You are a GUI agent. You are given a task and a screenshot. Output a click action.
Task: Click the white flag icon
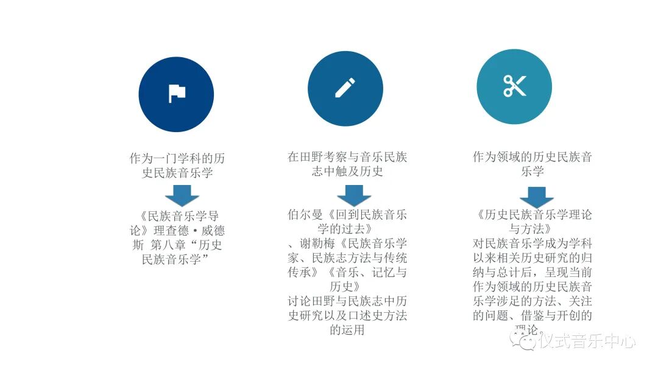[177, 93]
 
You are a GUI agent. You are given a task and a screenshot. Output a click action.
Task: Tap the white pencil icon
[345, 88]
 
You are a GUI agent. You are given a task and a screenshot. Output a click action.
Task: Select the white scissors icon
[514, 86]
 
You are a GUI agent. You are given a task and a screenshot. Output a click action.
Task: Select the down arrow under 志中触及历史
[354, 195]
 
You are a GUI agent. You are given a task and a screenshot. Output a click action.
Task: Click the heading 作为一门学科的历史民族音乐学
[177, 165]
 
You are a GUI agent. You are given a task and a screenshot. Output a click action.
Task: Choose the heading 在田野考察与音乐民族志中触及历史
[347, 164]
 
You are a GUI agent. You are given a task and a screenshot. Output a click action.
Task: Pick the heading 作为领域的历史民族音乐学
[532, 164]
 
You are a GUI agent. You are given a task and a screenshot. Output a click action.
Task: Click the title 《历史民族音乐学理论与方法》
[532, 222]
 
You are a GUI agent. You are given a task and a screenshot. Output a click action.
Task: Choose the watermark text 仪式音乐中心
[586, 342]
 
